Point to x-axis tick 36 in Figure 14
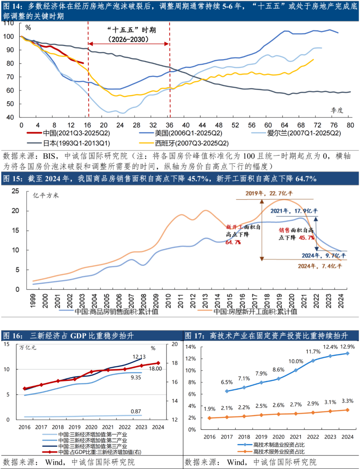[170, 125]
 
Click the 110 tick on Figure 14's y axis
[9, 23]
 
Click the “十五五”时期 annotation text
[131, 30]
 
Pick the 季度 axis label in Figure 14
[337, 110]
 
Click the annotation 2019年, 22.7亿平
[269, 193]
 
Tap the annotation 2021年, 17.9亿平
[294, 211]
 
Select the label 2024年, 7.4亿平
[320, 266]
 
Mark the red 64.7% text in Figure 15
[233, 242]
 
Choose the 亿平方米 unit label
[46, 196]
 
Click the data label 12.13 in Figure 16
[139, 357]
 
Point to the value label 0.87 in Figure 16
[136, 412]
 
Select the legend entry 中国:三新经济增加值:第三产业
[93, 446]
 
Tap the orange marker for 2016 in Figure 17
[209, 418]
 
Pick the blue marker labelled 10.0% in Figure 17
[296, 370]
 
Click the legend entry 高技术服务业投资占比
[279, 452]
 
